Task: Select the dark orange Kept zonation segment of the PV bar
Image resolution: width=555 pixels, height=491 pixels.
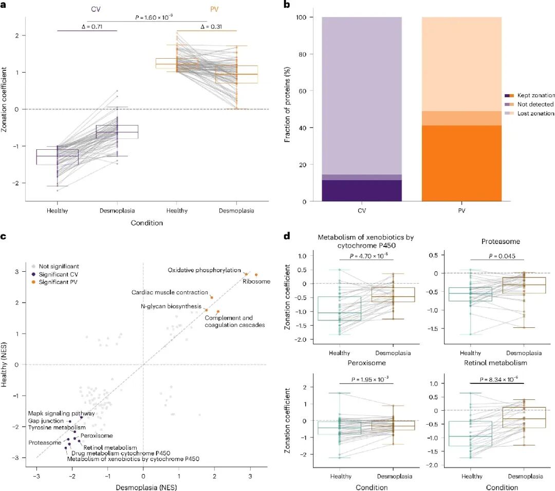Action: click(461, 163)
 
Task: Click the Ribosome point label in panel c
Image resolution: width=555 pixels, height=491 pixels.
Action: click(252, 282)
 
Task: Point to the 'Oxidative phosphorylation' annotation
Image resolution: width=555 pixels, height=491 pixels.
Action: click(204, 270)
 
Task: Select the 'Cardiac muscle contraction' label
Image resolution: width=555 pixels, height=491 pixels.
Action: click(170, 292)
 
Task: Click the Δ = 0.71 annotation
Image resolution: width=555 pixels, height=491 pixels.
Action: click(87, 27)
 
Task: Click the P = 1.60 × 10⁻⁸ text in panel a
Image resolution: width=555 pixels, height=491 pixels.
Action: click(147, 17)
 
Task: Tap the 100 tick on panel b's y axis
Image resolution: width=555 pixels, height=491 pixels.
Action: click(303, 17)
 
